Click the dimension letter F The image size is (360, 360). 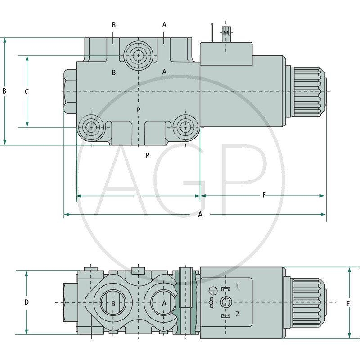click(264, 194)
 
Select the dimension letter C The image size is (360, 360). click(27, 92)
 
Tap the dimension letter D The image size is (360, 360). click(27, 302)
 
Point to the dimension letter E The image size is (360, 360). click(348, 304)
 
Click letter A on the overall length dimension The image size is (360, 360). click(200, 215)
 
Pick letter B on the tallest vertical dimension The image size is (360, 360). click(4, 91)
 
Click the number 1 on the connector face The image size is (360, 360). click(238, 286)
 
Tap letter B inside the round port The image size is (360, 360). click(113, 303)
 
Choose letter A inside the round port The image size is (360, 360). click(164, 303)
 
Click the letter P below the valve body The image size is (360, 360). click(147, 155)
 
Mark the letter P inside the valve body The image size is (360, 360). click(139, 110)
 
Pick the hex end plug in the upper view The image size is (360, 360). click(70, 91)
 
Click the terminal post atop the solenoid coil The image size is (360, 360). click(226, 33)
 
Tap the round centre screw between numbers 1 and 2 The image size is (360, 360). click(226, 302)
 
